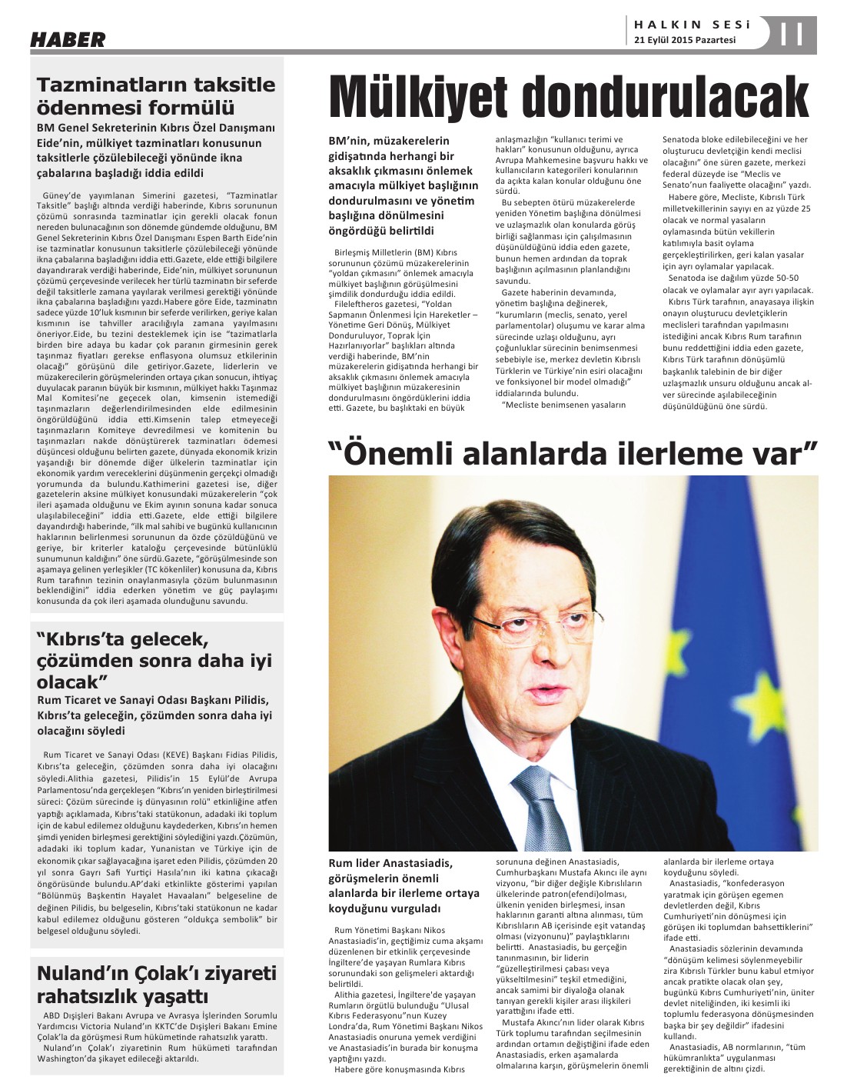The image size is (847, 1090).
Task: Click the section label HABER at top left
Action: [68, 40]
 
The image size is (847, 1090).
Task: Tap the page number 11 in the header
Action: [791, 35]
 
